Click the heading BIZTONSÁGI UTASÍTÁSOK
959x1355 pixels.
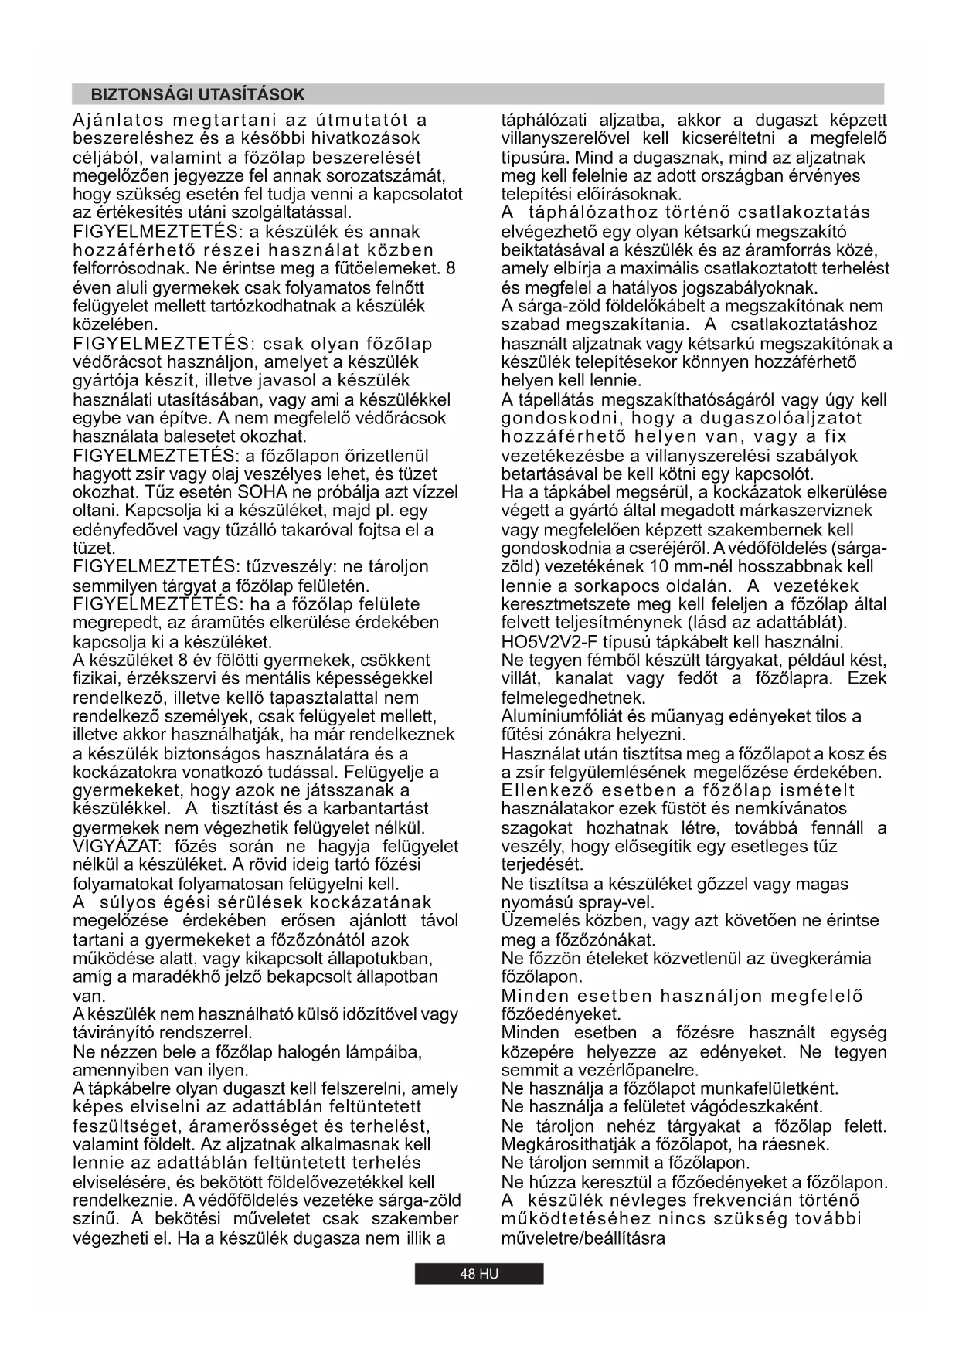(198, 95)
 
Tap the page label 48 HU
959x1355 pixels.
(479, 1274)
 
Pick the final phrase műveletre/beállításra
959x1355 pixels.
(583, 1238)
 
